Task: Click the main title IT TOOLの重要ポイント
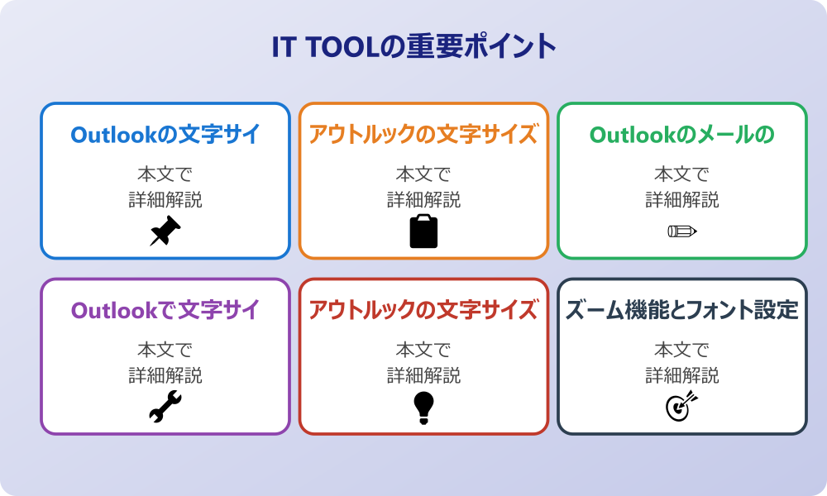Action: tap(413, 46)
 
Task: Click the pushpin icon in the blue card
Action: tap(165, 231)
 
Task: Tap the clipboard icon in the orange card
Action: tap(423, 231)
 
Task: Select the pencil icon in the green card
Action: tap(682, 231)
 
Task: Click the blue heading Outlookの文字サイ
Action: tap(165, 134)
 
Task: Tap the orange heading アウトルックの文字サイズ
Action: tap(423, 134)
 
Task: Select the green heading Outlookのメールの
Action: tap(682, 134)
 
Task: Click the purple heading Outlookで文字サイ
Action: tap(165, 310)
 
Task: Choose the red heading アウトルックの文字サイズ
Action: tap(423, 310)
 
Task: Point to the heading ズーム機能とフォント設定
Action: tap(682, 310)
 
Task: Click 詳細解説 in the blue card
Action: tap(165, 199)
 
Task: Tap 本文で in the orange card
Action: tap(423, 174)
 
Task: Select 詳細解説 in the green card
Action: tap(682, 199)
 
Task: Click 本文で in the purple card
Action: tap(165, 351)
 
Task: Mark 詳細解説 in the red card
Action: tap(423, 375)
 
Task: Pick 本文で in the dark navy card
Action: tap(682, 351)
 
